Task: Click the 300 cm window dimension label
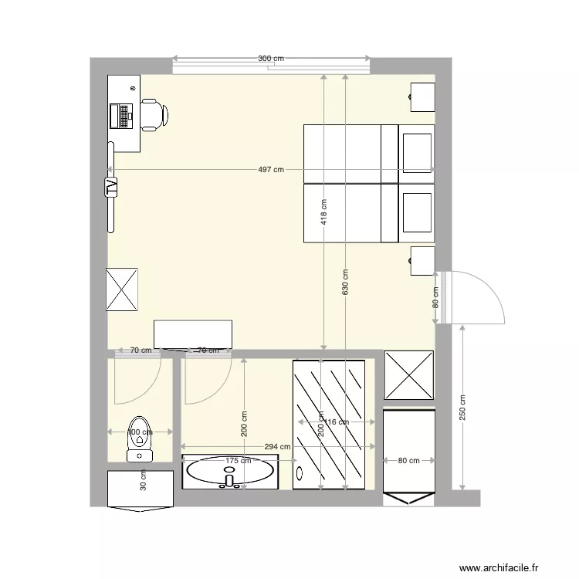[x=271, y=59]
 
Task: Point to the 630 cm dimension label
[x=345, y=282]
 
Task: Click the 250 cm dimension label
[x=462, y=408]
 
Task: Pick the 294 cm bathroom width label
[x=277, y=446]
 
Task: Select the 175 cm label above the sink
[x=238, y=461]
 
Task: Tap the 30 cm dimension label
[x=143, y=482]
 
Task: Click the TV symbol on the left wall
[x=111, y=187]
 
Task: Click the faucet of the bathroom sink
[x=229, y=480]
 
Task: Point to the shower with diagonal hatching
[x=329, y=424]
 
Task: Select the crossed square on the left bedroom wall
[x=122, y=289]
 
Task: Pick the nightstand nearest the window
[x=422, y=96]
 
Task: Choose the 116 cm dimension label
[x=337, y=422]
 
